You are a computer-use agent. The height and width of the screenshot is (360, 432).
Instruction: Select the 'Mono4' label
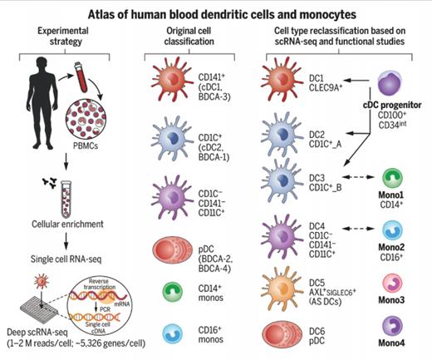(x=391, y=343)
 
